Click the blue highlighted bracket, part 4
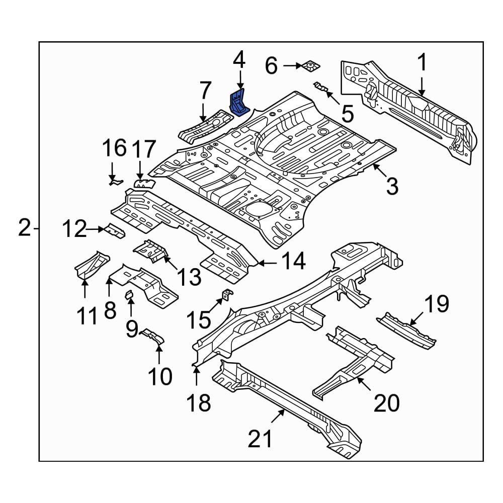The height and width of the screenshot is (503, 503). pos(238,102)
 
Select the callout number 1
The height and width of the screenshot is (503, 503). pos(422,62)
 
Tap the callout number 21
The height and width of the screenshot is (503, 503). pos(260,439)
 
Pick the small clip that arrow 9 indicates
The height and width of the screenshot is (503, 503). pos(129,294)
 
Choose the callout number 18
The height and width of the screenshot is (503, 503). pos(199,403)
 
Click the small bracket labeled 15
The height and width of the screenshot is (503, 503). pos(227,294)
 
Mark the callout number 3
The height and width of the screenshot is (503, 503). pos(392,186)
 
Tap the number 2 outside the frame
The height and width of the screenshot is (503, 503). pos(25,227)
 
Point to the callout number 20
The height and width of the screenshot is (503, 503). pos(386,403)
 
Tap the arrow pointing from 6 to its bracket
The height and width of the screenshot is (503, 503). pos(293,66)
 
